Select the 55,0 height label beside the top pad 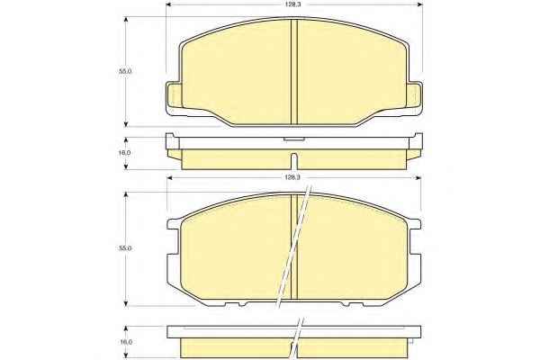(x=125, y=71)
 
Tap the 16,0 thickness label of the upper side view (x=125, y=153)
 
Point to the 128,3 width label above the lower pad (x=292, y=177)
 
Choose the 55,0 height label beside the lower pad (x=125, y=248)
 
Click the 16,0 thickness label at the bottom (x=125, y=342)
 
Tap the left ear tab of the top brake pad (x=173, y=95)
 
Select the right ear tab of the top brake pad (x=415, y=95)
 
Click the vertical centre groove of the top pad (x=294, y=71)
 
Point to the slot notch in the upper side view (x=293, y=161)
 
